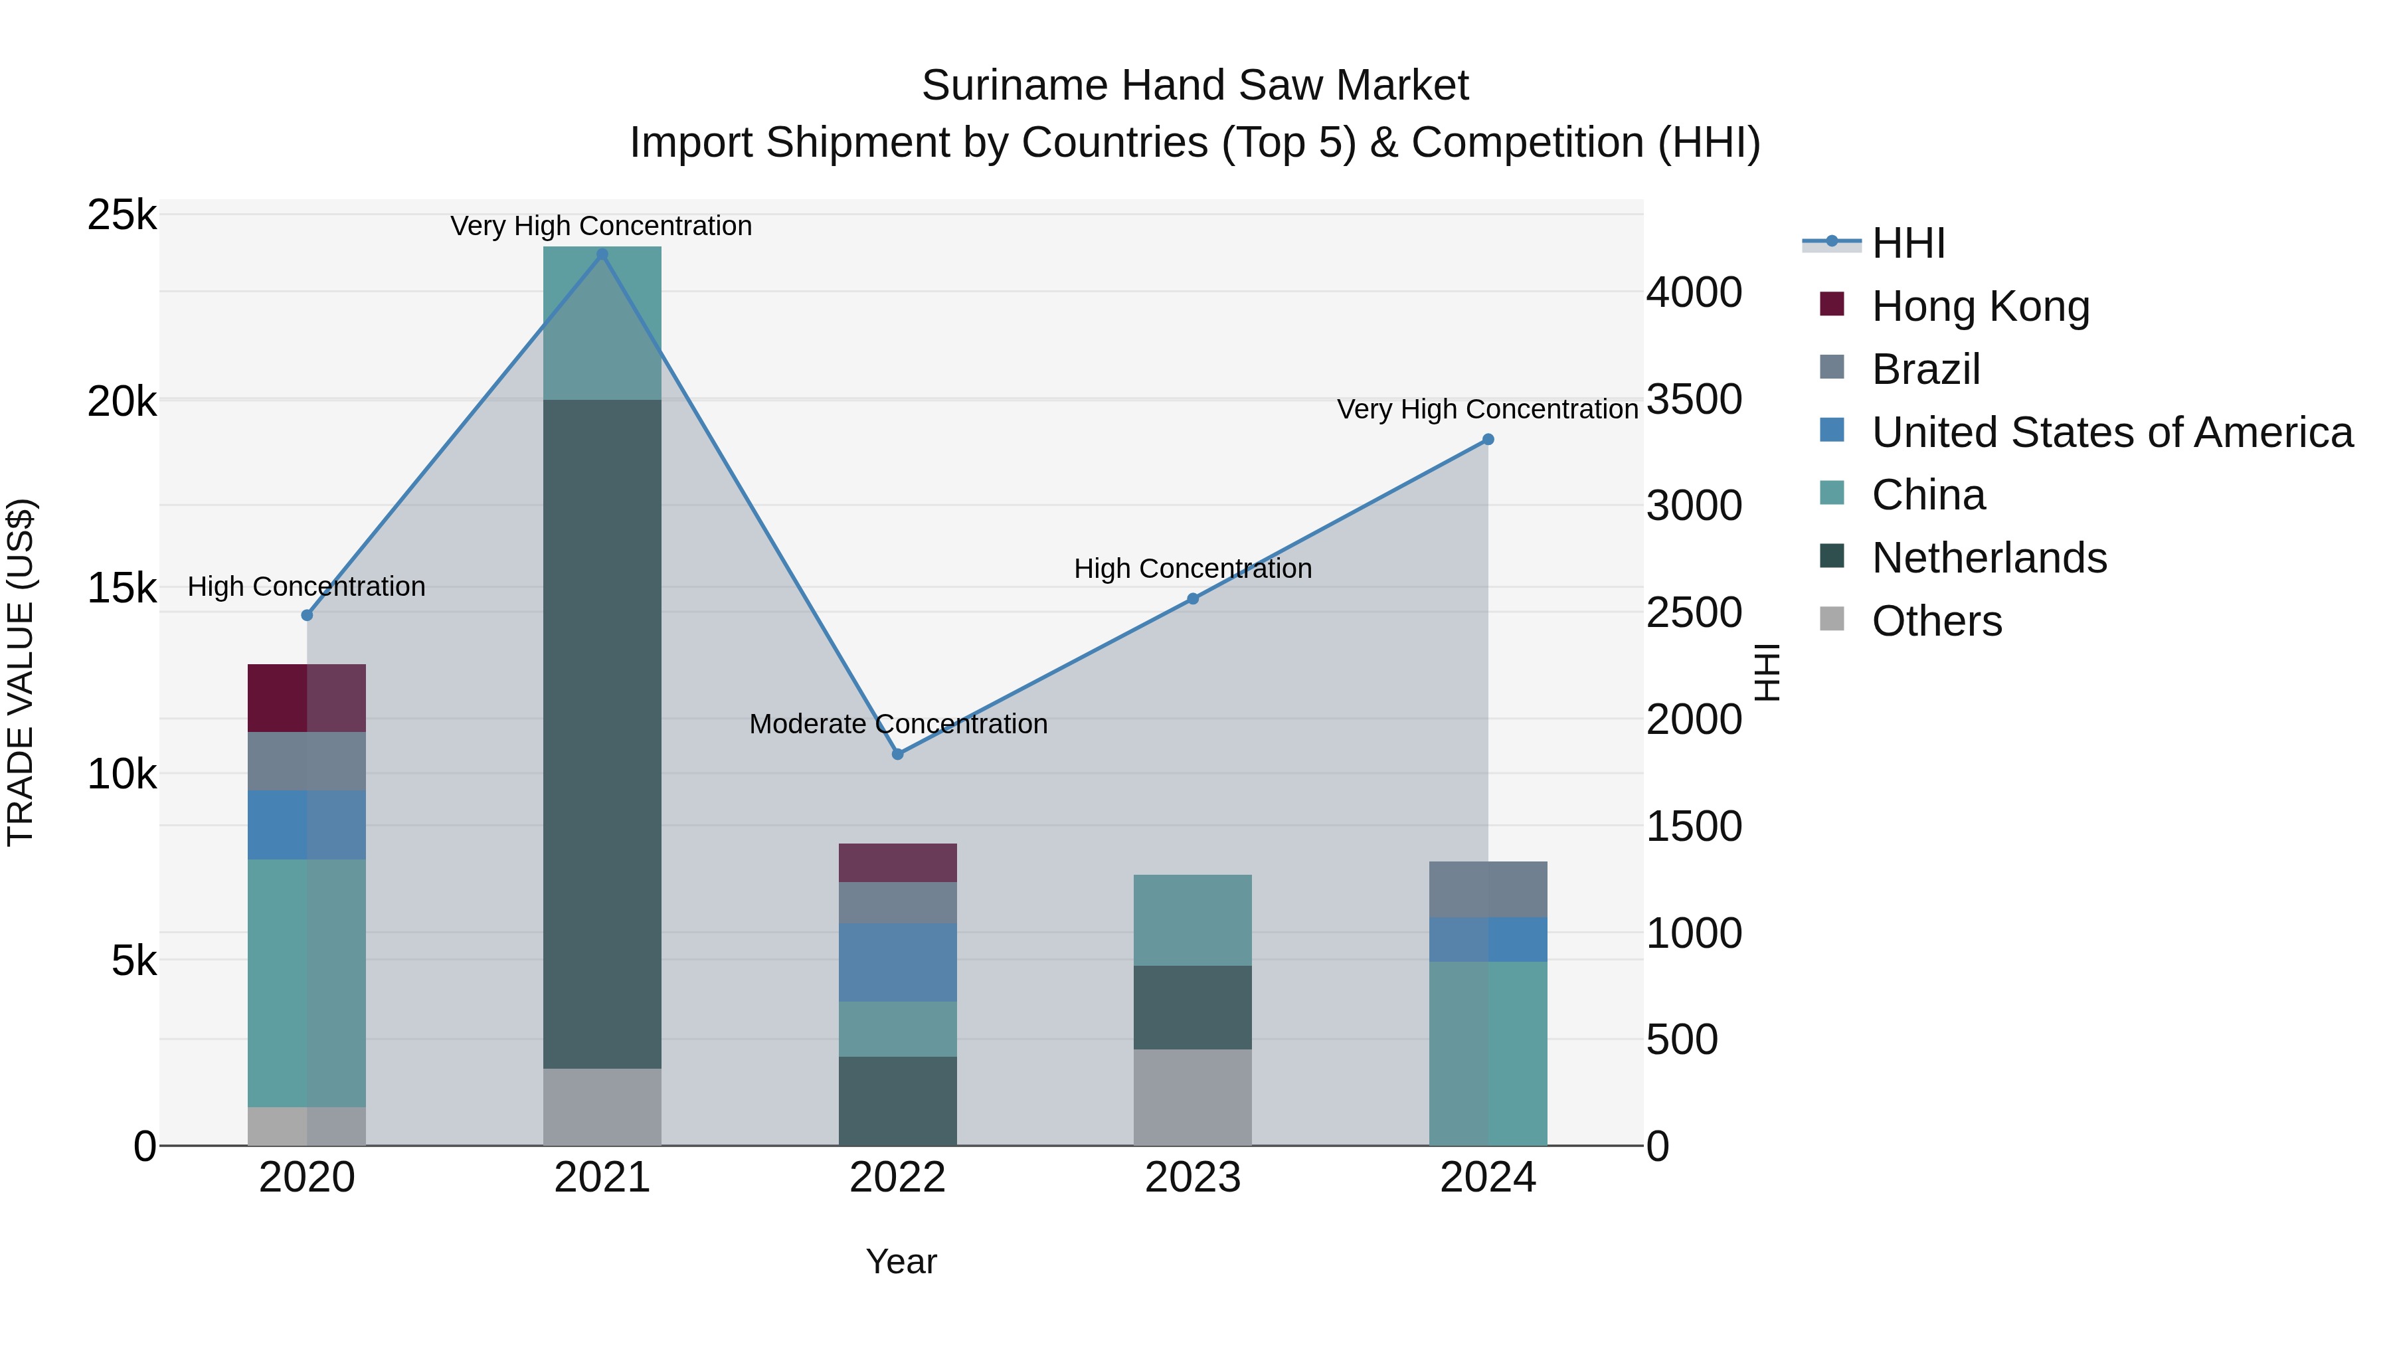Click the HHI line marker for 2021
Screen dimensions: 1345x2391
(x=602, y=254)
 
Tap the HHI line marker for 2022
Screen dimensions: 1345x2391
(x=897, y=755)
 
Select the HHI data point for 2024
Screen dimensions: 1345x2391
(x=1488, y=440)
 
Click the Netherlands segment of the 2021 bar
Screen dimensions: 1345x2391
(x=602, y=733)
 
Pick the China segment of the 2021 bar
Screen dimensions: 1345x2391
(x=602, y=323)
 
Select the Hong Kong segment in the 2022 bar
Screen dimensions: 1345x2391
(x=897, y=862)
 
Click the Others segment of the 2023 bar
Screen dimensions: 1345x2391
(x=1193, y=1097)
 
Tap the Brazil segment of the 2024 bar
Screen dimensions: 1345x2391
(x=1488, y=889)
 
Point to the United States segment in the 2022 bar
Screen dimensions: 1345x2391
(x=897, y=962)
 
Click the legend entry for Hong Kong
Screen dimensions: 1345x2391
(x=1980, y=306)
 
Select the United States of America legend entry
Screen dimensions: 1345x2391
(x=2111, y=432)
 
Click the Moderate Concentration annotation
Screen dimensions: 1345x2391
(x=897, y=724)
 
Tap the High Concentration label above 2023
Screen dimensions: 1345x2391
(x=1193, y=568)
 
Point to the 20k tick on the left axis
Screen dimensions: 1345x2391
(x=122, y=402)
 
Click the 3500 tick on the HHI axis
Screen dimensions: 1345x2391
(x=1693, y=400)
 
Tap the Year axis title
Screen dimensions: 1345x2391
(x=901, y=1261)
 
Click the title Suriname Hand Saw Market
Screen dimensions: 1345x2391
(x=1195, y=86)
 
